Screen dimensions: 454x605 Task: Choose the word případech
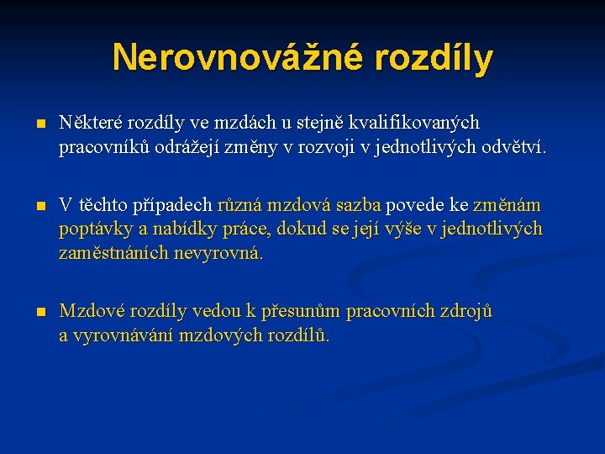coord(171,205)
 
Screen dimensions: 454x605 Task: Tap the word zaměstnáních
coord(113,253)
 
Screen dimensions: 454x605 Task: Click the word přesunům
coord(300,311)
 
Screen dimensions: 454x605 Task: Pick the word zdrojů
coord(466,311)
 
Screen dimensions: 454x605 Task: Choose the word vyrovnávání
coord(125,335)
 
